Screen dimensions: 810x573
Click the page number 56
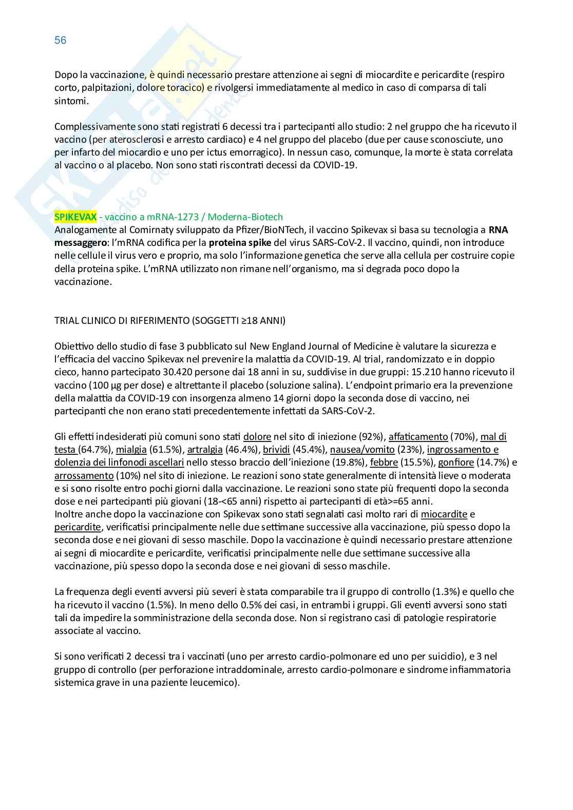(x=61, y=40)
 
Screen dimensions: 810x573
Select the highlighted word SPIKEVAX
(x=75, y=217)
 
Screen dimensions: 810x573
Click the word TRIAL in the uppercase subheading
(x=67, y=321)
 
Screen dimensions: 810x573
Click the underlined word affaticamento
(x=418, y=437)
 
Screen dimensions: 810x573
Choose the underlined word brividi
(x=277, y=450)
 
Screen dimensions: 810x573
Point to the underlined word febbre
(x=385, y=462)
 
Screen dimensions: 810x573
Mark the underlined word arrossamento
(x=84, y=475)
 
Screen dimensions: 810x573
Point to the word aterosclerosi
(x=120, y=140)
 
